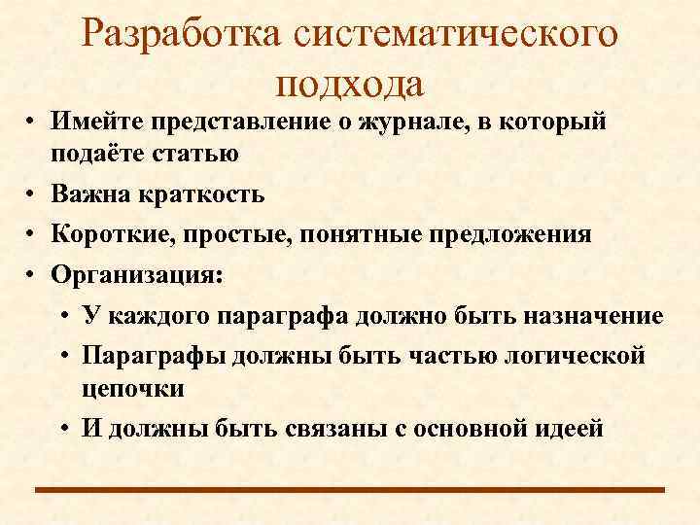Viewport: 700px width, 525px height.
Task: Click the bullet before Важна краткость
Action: pos(32,194)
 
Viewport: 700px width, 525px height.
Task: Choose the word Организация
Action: pos(137,275)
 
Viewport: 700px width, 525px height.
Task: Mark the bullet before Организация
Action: pos(32,276)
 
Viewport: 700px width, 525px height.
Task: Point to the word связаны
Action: pos(325,428)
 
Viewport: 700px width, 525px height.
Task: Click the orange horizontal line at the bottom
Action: pos(350,490)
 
